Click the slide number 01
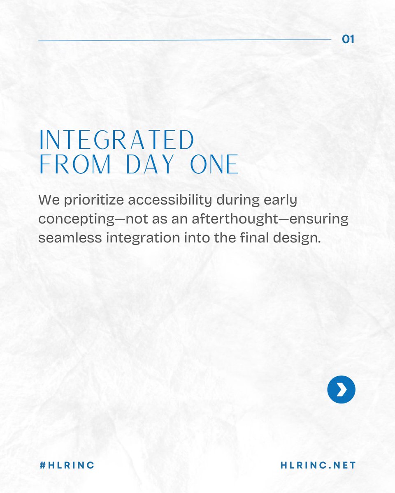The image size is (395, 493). (348, 39)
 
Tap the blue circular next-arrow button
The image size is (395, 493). (341, 389)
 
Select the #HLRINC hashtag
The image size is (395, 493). (67, 465)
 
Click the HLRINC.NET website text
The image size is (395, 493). (318, 465)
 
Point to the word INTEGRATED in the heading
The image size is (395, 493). (116, 141)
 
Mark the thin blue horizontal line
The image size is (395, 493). (185, 40)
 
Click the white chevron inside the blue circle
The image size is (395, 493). (342, 389)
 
